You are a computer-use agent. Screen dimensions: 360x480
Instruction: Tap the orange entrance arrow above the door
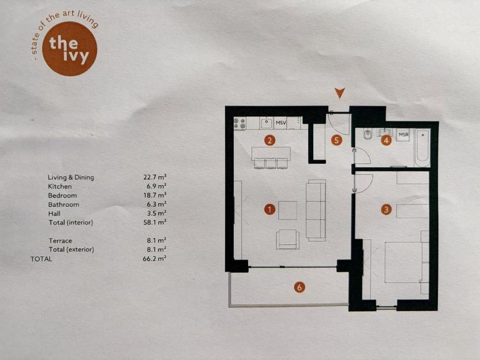click(340, 93)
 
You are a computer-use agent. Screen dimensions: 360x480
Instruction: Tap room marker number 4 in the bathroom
click(386, 141)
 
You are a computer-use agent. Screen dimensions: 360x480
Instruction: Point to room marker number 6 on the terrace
click(299, 287)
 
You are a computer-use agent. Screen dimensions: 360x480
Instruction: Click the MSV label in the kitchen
click(281, 122)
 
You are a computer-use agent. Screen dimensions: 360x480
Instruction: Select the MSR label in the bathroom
click(403, 135)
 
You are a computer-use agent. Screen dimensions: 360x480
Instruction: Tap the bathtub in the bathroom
click(422, 148)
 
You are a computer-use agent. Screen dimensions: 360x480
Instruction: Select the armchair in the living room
click(287, 239)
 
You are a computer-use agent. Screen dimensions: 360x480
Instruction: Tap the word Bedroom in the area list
click(62, 195)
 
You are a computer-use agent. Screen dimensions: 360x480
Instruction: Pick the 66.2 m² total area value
click(155, 258)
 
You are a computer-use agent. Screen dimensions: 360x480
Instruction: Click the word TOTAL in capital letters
click(41, 258)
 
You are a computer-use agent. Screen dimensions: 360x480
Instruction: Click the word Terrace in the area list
click(60, 240)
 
